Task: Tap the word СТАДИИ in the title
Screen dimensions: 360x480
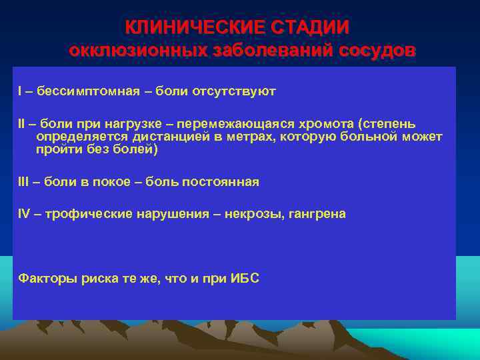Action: coord(309,27)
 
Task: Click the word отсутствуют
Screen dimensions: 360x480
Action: coord(233,91)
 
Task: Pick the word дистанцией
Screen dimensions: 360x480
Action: coord(151,137)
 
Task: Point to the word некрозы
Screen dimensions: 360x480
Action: coord(254,215)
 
